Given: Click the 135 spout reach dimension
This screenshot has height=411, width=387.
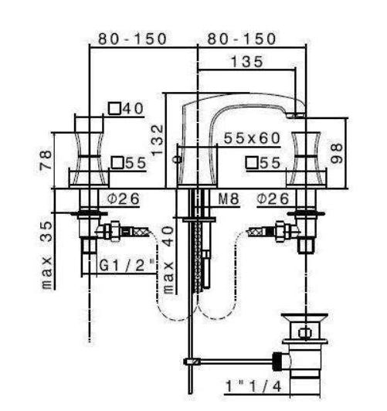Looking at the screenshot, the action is click(x=246, y=62).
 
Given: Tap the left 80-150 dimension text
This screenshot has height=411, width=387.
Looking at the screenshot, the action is click(x=132, y=39).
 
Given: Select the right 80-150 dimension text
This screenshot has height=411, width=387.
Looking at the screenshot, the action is click(x=242, y=39).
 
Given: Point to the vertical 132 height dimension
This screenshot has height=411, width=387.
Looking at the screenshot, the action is click(x=158, y=141).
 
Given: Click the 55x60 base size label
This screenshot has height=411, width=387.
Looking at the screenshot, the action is click(x=252, y=138).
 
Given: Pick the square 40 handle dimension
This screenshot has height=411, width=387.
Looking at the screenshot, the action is click(x=126, y=108).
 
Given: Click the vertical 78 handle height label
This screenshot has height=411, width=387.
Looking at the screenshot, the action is click(x=46, y=160).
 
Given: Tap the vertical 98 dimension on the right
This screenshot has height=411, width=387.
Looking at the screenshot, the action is click(x=336, y=153).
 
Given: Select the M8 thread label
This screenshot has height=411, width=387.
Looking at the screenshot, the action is click(x=229, y=199).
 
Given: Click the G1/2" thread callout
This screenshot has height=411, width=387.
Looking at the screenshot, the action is click(x=127, y=266).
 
